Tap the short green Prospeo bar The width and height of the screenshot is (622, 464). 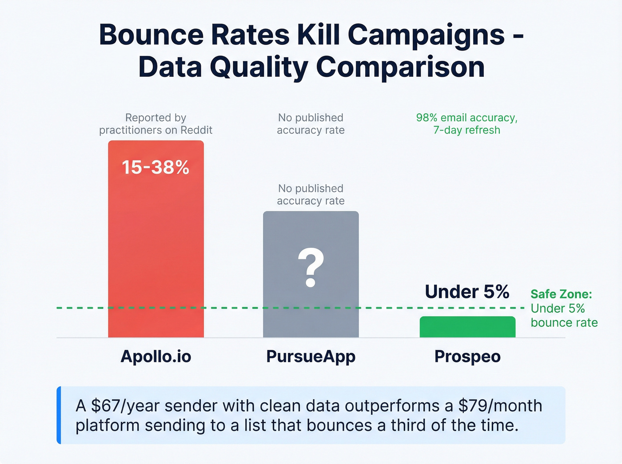click(x=467, y=327)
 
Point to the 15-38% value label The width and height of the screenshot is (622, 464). click(x=155, y=167)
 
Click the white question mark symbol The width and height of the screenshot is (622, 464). click(x=311, y=267)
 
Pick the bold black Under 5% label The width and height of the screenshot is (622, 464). click(x=467, y=292)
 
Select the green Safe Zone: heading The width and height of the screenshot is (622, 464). click(x=561, y=294)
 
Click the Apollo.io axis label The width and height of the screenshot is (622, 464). click(x=155, y=357)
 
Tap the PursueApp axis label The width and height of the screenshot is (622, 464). click(x=311, y=357)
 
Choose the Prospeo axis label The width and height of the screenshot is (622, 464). click(x=467, y=357)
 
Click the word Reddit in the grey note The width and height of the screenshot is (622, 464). click(x=196, y=130)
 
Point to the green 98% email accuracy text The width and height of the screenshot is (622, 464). click(x=466, y=118)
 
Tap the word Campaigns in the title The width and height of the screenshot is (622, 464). click(x=426, y=35)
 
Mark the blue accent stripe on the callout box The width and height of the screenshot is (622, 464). click(x=59, y=415)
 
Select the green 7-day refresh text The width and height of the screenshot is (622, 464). click(x=466, y=130)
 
